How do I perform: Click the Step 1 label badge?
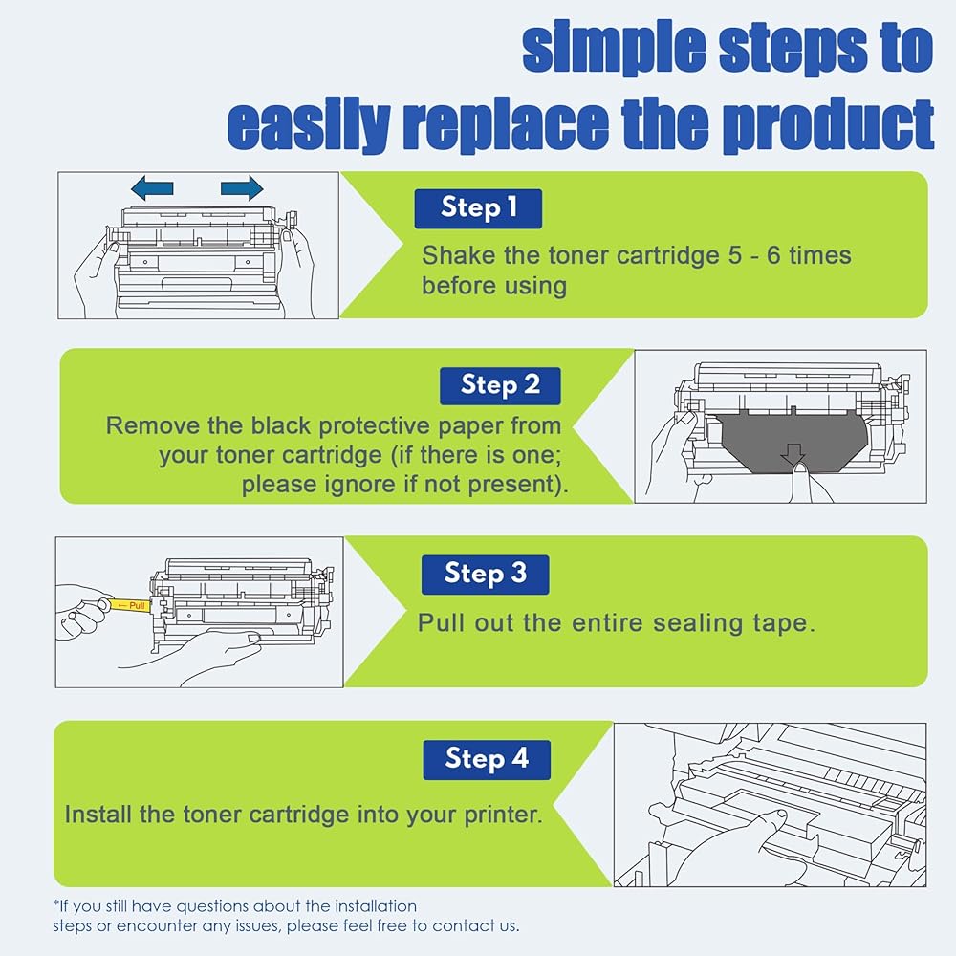[x=478, y=208]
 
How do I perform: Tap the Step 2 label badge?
[x=500, y=386]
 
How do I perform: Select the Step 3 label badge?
[x=486, y=575]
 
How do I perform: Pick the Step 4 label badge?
[x=487, y=760]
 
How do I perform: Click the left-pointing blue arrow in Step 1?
[x=152, y=187]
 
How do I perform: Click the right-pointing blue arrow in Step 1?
[x=242, y=187]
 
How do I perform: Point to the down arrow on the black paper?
[x=793, y=455]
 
